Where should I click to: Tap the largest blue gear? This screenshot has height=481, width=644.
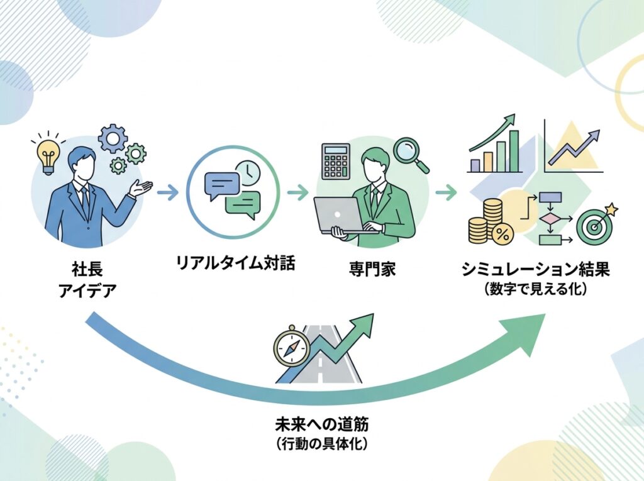[113, 138]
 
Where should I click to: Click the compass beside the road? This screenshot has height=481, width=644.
[292, 347]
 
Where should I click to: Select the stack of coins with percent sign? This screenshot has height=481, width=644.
[490, 223]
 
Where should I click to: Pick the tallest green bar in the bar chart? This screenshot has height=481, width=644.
[514, 151]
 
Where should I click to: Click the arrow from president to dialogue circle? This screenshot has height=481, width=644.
[167, 194]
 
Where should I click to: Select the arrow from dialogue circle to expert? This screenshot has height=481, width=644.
[297, 194]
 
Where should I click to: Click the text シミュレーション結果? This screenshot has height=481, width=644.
[535, 270]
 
